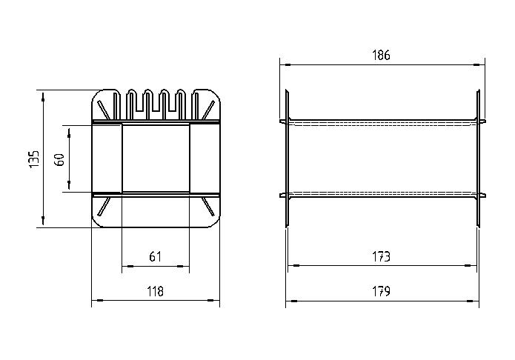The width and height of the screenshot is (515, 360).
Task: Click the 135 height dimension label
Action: [34, 159]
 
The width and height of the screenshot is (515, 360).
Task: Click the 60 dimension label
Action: [59, 160]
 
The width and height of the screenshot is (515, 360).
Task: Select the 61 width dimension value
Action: [156, 256]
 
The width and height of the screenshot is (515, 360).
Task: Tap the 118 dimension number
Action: [156, 291]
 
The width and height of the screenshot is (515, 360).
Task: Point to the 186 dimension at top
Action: [382, 56]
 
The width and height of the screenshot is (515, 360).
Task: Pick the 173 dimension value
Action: [382, 256]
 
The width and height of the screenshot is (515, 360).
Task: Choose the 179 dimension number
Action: [382, 291]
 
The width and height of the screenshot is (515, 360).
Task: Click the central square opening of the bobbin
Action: [156, 158]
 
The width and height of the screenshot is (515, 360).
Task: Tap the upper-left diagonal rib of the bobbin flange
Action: [104, 110]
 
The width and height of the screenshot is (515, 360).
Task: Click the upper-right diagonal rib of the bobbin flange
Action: [208, 110]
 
